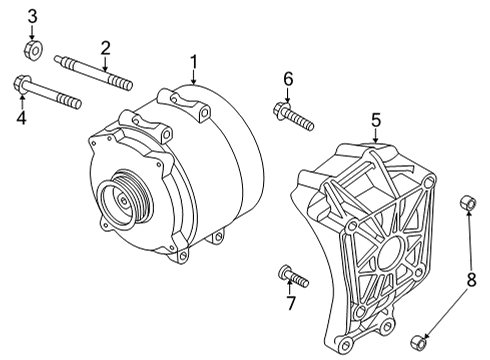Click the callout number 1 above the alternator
194,62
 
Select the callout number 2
105,48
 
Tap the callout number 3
32,17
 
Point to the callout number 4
21,118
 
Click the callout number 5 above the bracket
376,120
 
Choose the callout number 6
288,79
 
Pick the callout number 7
291,303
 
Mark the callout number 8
471,280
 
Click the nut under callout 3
33,49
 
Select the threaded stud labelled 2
93,73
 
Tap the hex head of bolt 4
21,83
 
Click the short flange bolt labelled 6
293,116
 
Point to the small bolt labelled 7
293,276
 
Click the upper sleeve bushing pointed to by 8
468,204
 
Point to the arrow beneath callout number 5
376,136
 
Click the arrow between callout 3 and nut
32,32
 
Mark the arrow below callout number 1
194,78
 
